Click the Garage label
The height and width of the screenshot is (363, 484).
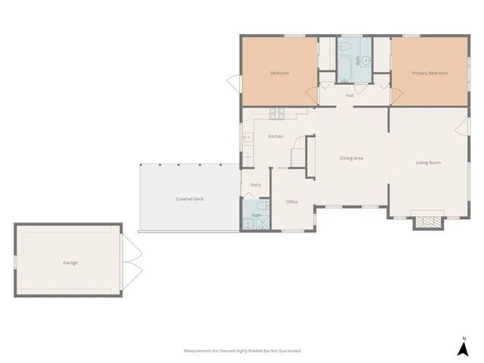(x=70, y=262)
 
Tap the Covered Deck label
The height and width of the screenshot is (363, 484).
(x=189, y=199)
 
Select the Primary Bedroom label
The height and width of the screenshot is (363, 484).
(x=429, y=73)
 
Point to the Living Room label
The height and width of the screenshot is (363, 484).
(x=428, y=163)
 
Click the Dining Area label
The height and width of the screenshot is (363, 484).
(x=352, y=158)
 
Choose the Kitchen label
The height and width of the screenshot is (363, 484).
(x=275, y=136)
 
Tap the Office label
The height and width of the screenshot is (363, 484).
(x=292, y=202)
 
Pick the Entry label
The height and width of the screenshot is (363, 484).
(x=256, y=185)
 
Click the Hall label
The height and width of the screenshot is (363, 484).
(x=350, y=95)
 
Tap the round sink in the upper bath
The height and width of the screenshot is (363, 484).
(x=365, y=60)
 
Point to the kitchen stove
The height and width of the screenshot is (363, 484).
(x=277, y=115)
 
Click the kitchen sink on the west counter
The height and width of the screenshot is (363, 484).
(x=247, y=138)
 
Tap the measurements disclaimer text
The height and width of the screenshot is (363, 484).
(x=242, y=351)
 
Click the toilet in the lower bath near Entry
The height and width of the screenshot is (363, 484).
(x=259, y=206)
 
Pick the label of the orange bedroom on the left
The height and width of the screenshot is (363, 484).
(x=280, y=73)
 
